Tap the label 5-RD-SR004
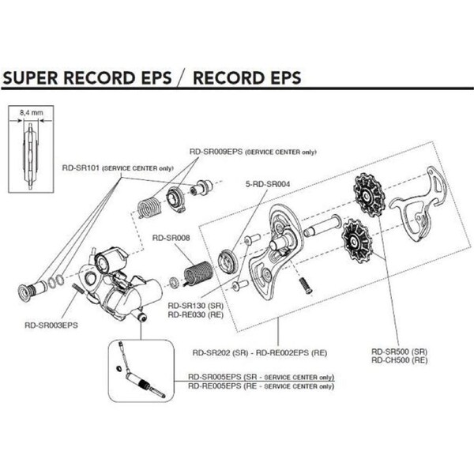pos(267,184)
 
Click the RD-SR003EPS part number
pos(51,322)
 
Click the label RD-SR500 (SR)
pos(399,350)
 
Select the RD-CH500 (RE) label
pos(399,359)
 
